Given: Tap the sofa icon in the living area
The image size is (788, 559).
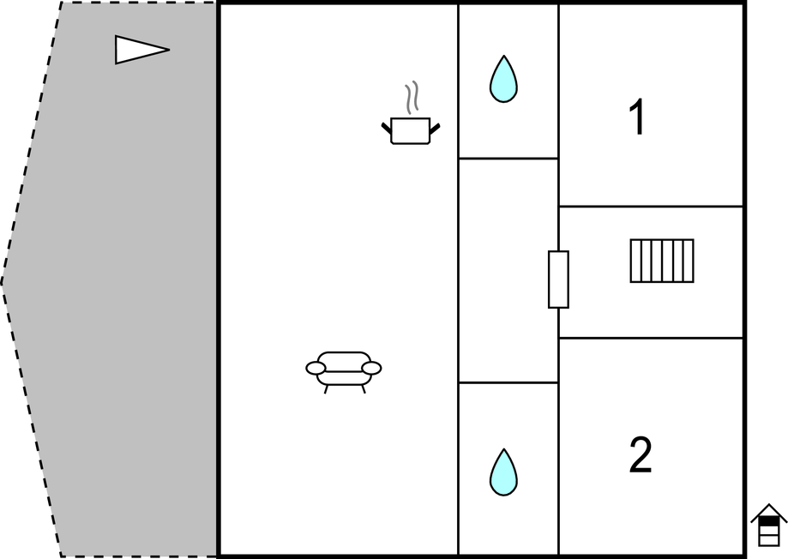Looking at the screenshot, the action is pos(344,372).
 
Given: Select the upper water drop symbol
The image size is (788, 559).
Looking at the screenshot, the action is pos(503,80).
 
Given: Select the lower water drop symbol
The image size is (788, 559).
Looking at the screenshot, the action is pos(503,472).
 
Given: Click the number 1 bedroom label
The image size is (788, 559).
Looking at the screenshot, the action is pos(637,117).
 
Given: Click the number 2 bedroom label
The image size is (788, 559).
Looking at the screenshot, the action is pos(641,455).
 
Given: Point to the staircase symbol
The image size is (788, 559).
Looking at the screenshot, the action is pos(662,261).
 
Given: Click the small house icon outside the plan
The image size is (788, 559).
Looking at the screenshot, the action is pos(769,525).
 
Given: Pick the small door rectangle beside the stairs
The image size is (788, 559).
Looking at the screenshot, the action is pos(558,279).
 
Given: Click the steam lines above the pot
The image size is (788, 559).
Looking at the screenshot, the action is pos(412,97).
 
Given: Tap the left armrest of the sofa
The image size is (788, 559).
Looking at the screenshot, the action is pos(316,369).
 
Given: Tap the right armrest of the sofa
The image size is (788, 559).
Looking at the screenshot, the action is pos(372,369).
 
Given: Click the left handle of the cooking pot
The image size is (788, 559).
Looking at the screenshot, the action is pos(387,128).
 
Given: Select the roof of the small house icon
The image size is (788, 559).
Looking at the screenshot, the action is pos(769,512).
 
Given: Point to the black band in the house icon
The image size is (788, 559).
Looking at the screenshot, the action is pos(769,523).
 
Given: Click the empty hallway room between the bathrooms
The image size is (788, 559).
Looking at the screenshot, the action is pos(508,270).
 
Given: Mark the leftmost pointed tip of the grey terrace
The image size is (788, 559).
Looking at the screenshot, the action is pos(2,283).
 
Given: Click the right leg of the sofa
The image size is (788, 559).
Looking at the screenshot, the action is pos(364,388).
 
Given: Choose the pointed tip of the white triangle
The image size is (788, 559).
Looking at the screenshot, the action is pos(170,50).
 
